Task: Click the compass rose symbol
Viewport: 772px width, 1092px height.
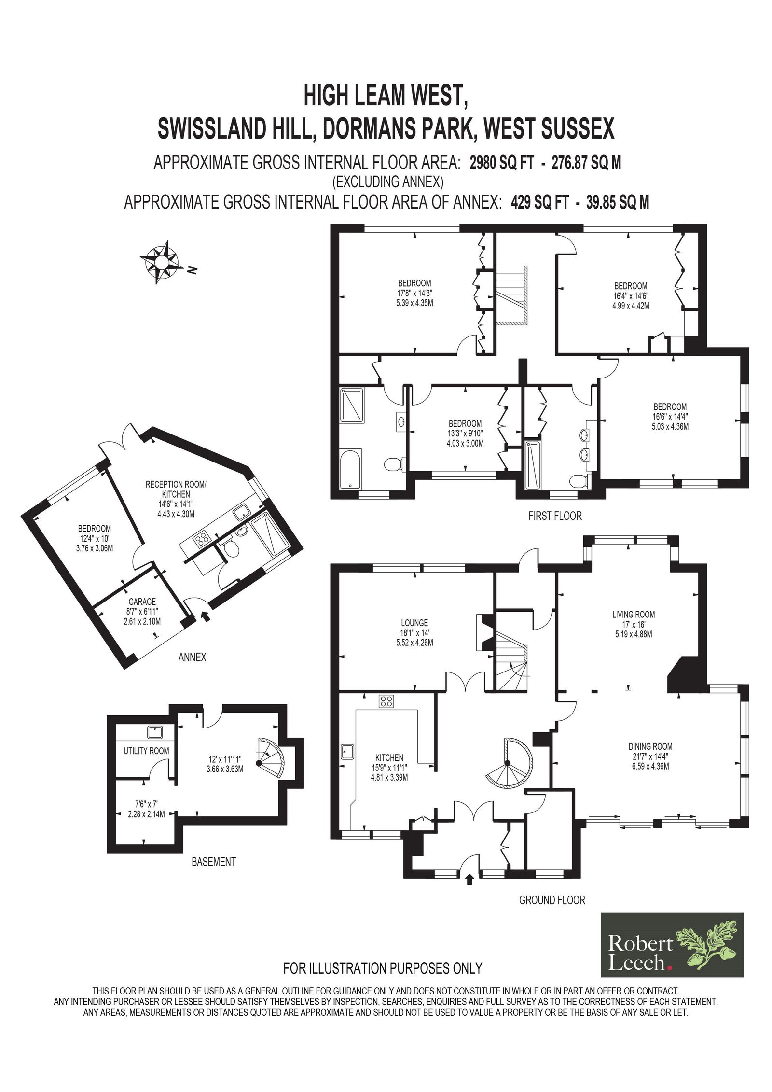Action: point(162,263)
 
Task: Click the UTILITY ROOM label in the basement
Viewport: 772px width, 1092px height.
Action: point(146,764)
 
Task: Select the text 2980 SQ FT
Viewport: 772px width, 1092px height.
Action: point(502,164)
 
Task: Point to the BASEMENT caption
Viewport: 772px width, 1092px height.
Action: point(213,862)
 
